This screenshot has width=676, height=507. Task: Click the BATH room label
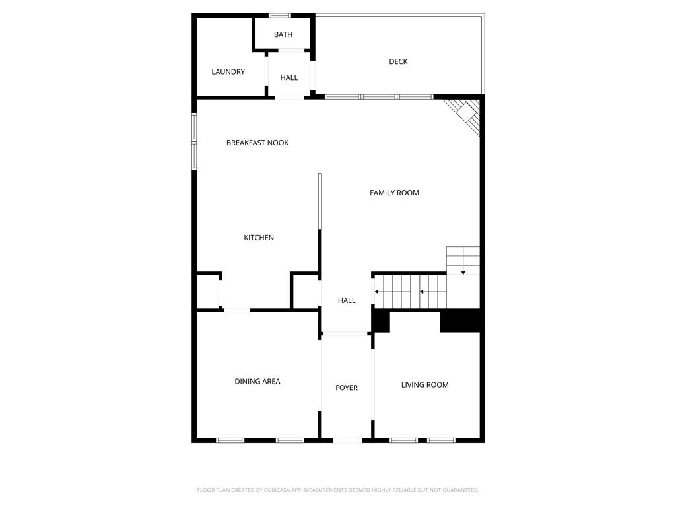coord(283,35)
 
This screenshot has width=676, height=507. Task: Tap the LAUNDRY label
coord(228,72)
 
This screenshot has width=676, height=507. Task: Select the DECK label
coord(398,62)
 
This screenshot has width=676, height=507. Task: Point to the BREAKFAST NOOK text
coord(257,143)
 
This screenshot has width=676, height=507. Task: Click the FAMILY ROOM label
coord(394,193)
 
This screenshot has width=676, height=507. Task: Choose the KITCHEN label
coord(259,238)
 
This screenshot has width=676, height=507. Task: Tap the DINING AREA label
coord(257,382)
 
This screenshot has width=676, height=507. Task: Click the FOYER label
coord(347,388)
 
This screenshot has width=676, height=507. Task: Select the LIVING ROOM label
coord(425,385)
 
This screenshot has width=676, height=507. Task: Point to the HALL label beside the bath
coord(288,78)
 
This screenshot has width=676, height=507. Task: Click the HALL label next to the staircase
coord(347,300)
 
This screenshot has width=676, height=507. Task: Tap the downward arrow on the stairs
coord(463,272)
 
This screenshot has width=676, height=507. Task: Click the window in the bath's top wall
coord(279,15)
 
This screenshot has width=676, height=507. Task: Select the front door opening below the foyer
coord(347,440)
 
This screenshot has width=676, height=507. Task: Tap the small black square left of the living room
coord(381,321)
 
